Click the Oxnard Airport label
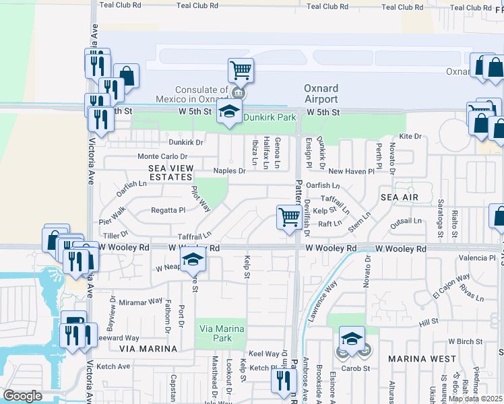(x=321, y=94)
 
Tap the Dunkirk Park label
(x=270, y=117)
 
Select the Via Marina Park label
(x=222, y=334)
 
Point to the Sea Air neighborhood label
(x=400, y=197)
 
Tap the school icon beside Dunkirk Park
(x=229, y=112)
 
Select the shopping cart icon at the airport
(x=241, y=69)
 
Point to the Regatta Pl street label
(x=167, y=209)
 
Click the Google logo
(x=22, y=396)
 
